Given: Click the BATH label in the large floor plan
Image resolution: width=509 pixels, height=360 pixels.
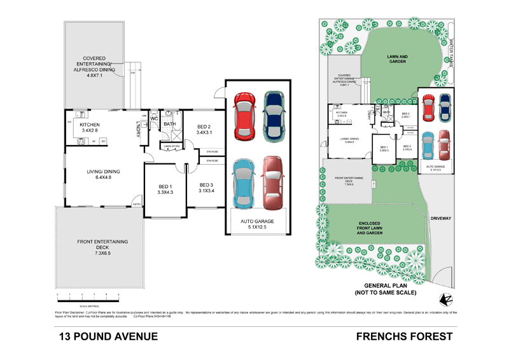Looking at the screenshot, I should pyautogui.click(x=169, y=125).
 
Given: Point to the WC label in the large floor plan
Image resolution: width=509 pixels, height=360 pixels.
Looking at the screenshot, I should pyautogui.click(x=154, y=119).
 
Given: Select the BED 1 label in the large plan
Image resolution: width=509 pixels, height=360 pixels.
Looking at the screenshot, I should pyautogui.click(x=165, y=189).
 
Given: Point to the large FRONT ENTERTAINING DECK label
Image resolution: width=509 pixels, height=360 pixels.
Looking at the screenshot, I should pyautogui.click(x=102, y=247).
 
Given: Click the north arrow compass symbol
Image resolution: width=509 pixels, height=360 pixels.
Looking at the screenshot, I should pyautogui.click(x=443, y=298).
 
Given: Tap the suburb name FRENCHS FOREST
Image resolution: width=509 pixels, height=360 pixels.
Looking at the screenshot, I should pyautogui.click(x=404, y=336).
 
